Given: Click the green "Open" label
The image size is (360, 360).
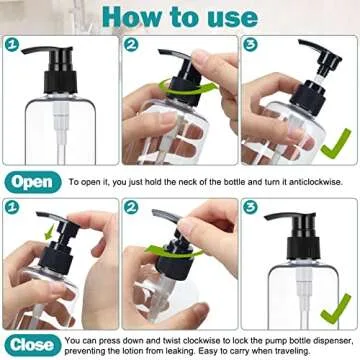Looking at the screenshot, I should point(34,182).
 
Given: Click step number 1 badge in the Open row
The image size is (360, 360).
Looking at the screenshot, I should point(11,45).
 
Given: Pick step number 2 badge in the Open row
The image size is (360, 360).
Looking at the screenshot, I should point(130,45).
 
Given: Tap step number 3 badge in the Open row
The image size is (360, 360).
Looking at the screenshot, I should point(249,45).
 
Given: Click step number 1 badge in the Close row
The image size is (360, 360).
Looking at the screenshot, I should point(11,207).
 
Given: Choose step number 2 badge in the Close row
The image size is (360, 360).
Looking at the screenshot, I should point(130,207).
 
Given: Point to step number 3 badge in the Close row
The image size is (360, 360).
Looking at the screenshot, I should point(249,207).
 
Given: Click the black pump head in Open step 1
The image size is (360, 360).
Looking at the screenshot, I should point(50,60).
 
